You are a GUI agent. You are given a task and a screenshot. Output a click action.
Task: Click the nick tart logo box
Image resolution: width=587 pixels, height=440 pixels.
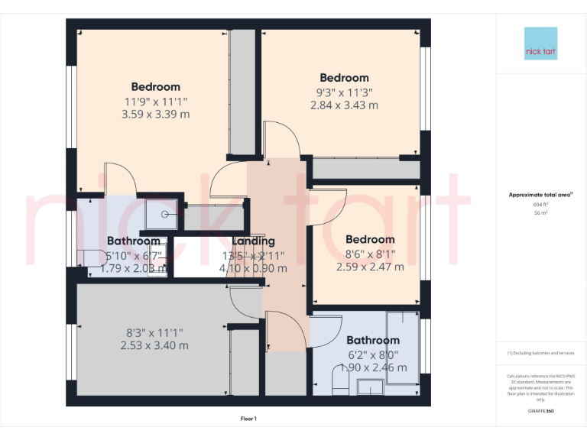(x=540, y=44)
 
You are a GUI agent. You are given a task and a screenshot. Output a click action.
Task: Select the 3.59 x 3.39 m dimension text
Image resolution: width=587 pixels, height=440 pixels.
(x=155, y=115)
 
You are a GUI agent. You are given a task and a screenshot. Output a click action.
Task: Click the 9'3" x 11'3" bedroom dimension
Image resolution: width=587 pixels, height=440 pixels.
(x=344, y=92)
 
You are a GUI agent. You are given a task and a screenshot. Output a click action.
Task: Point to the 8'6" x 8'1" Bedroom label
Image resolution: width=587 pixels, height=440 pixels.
(x=370, y=240)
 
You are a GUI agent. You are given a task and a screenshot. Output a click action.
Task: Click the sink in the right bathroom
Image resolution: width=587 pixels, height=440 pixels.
(x=372, y=388)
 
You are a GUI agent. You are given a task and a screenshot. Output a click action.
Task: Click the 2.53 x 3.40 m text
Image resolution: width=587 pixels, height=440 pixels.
(x=154, y=345)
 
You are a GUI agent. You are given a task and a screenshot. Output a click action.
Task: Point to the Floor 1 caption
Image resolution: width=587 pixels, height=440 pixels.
(x=248, y=419)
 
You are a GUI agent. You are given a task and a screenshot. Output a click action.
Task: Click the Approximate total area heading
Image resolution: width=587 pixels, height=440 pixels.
(x=540, y=195)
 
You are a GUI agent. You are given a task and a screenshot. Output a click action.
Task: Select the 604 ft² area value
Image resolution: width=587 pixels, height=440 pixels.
(x=540, y=205)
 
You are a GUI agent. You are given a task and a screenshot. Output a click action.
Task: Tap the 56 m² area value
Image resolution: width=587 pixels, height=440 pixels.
(x=540, y=214)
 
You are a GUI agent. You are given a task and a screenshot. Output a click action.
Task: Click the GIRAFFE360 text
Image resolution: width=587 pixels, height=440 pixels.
(x=540, y=412)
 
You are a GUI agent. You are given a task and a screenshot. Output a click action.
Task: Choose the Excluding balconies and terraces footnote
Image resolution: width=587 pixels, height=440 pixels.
(x=540, y=353)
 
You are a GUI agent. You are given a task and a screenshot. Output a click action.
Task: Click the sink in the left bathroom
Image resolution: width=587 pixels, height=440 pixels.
(x=156, y=263)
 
